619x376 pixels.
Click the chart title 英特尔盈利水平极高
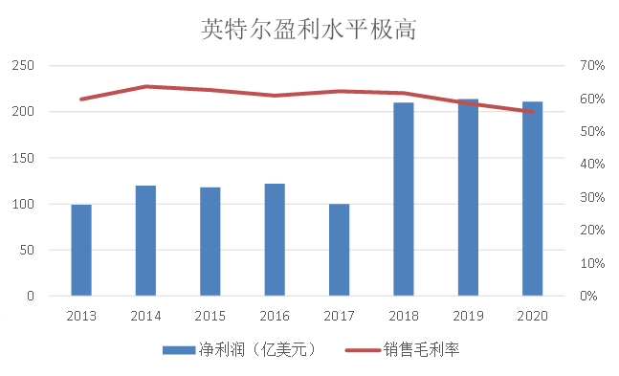[309, 29]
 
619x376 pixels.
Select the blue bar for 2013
[81, 250]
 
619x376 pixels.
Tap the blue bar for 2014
[145, 240]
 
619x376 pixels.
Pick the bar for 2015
[210, 241]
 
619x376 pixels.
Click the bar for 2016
[275, 239]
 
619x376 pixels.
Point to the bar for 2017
[339, 250]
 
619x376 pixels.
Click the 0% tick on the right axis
[589, 296]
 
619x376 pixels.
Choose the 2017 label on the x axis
[339, 315]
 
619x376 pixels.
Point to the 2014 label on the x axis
[145, 315]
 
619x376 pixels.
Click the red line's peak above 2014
[145, 86]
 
